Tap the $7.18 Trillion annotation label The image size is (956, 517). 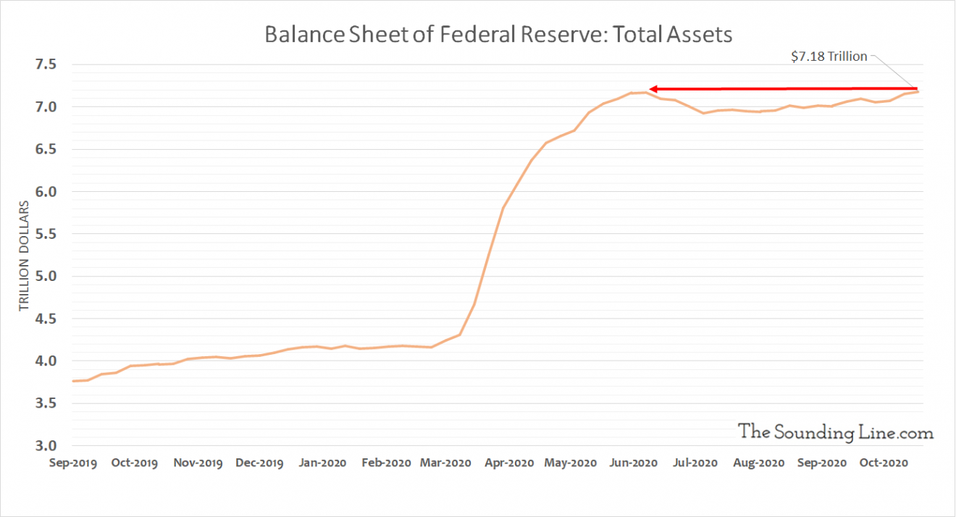point(829,56)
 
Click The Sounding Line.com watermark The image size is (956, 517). point(836,432)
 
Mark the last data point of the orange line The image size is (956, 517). point(918,91)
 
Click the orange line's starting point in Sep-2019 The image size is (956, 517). point(73,381)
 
